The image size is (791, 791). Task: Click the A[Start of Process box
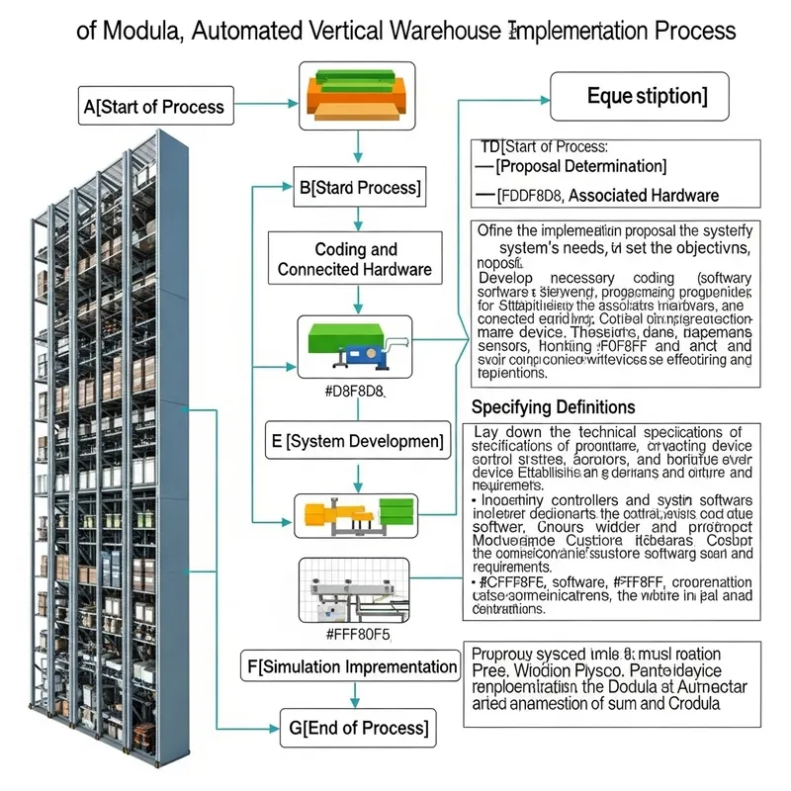(156, 106)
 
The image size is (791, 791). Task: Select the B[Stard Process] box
(359, 187)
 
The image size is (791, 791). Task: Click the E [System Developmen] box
(357, 441)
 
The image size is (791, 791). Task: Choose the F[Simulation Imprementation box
(351, 666)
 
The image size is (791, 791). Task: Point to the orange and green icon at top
(358, 93)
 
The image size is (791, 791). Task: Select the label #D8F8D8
(354, 392)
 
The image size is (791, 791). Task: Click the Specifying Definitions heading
(554, 407)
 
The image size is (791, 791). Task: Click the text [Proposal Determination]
(580, 166)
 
